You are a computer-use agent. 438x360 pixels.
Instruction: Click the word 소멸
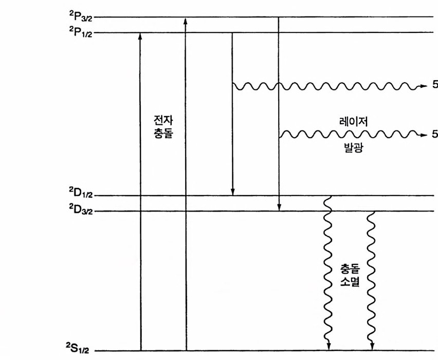[350, 282]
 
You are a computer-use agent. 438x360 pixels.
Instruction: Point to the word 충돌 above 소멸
[350, 269]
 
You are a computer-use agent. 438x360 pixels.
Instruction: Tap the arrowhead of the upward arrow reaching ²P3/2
[186, 20]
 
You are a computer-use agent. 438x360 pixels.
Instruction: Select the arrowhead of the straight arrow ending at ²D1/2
[232, 192]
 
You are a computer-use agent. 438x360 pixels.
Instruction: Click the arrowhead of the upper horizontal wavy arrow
[424, 85]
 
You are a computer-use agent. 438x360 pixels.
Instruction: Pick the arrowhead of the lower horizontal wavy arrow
[424, 135]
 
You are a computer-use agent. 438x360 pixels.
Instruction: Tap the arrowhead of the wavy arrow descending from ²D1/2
[327, 347]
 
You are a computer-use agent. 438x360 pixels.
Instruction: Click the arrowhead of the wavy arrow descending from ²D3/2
[372, 347]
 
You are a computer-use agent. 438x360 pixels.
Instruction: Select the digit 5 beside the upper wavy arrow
[435, 85]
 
